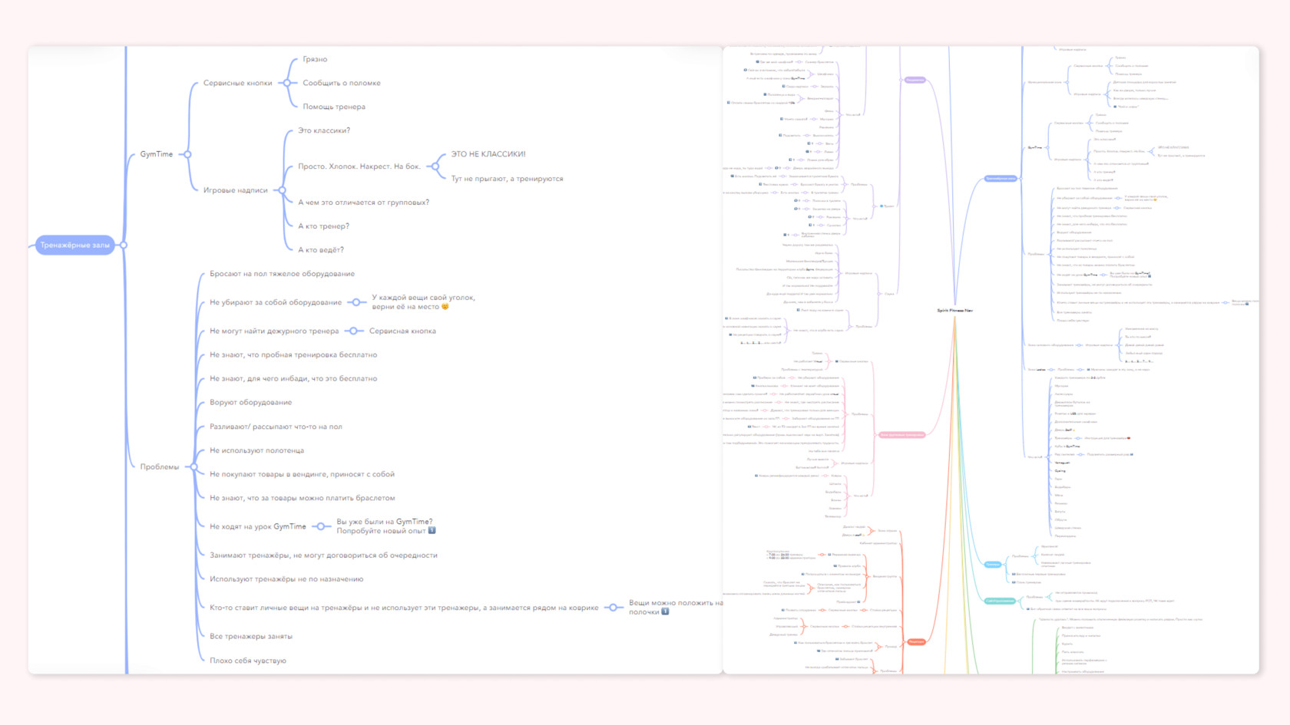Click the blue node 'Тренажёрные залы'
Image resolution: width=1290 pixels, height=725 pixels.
(x=74, y=245)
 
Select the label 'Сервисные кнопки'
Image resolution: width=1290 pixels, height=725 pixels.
(x=237, y=83)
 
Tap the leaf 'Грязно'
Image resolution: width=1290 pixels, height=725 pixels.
(x=315, y=59)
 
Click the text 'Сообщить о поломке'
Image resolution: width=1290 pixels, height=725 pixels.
(x=342, y=83)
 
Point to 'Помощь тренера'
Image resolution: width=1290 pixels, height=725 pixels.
(x=334, y=107)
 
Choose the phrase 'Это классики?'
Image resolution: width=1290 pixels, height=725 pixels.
(x=324, y=130)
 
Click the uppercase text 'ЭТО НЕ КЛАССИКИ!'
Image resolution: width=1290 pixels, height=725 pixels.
(x=488, y=154)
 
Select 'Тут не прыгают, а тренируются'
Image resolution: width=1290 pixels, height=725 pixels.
(x=507, y=179)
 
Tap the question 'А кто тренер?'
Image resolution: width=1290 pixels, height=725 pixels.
(x=323, y=226)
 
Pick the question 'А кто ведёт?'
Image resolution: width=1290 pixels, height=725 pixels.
(x=321, y=250)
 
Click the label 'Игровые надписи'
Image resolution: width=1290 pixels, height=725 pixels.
(x=236, y=190)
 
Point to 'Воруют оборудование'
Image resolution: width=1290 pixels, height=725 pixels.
(x=250, y=402)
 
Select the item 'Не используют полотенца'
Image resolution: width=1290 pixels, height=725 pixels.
(x=256, y=450)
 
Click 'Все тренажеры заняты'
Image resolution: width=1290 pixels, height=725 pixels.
(x=250, y=636)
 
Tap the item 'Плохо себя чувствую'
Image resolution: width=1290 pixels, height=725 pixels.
(x=247, y=661)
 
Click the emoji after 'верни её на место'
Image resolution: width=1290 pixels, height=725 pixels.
(x=445, y=307)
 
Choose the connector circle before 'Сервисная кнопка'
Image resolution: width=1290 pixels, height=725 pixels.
(x=354, y=331)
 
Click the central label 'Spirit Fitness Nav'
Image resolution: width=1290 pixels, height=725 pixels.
(x=954, y=311)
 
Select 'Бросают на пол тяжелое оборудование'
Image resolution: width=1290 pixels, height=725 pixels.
(x=282, y=274)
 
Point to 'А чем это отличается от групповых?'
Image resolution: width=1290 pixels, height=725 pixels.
(x=363, y=203)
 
